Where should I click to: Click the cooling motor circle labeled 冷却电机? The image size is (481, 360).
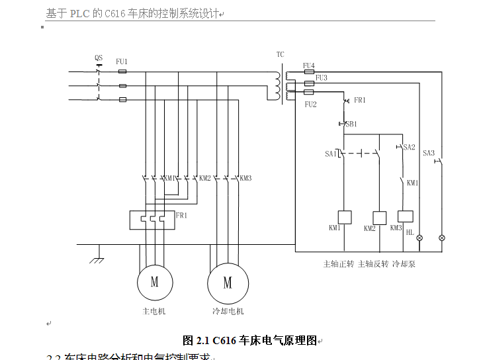(x=228, y=283)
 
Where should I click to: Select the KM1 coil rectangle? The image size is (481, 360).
(x=344, y=217)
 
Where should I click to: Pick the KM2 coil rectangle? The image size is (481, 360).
(x=380, y=218)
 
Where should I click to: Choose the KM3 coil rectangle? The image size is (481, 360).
(x=405, y=216)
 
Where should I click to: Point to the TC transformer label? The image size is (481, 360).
(x=281, y=54)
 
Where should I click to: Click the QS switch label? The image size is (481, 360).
(x=99, y=58)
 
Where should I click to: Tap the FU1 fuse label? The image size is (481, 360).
(x=122, y=62)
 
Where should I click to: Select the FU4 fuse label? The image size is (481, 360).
(x=309, y=65)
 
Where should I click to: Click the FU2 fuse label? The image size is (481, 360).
(x=311, y=105)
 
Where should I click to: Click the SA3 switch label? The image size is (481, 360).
(x=429, y=153)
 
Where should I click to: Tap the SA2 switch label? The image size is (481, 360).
(x=409, y=147)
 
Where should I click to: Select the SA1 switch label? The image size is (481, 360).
(x=330, y=154)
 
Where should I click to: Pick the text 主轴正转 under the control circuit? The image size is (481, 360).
(x=337, y=263)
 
